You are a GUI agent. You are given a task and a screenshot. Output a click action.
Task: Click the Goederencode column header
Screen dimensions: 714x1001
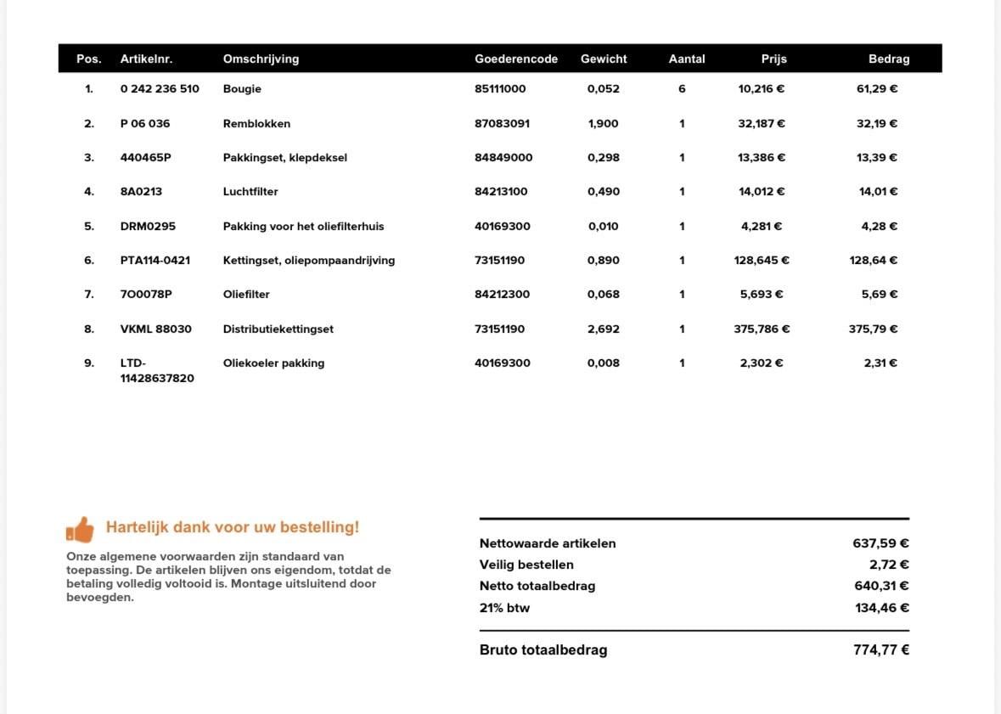tap(516, 59)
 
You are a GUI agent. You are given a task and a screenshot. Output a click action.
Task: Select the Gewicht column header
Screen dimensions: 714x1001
tap(604, 59)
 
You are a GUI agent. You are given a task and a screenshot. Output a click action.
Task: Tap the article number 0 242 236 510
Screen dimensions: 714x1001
tap(160, 89)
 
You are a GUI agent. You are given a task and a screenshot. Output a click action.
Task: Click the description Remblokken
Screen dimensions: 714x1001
tap(256, 124)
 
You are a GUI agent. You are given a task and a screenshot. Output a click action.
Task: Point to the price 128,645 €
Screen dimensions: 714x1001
tap(762, 261)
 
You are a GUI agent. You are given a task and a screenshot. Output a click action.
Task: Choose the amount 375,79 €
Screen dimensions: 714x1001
tap(873, 329)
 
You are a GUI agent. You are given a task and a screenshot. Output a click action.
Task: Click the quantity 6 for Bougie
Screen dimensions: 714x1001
tap(682, 89)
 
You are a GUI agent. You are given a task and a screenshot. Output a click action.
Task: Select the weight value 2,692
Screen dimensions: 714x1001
tap(604, 329)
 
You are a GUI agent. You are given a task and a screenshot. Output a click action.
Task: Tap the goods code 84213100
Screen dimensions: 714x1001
tap(501, 192)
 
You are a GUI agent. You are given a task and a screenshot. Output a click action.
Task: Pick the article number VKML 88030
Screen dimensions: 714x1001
tap(156, 329)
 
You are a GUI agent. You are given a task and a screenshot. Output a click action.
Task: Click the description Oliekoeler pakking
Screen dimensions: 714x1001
tap(273, 363)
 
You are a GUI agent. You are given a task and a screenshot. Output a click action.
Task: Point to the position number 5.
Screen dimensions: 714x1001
tap(89, 227)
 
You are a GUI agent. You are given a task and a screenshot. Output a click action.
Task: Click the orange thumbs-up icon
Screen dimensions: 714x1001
tap(81, 530)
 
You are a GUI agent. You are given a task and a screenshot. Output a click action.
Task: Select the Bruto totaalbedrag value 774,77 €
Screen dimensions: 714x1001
tap(881, 650)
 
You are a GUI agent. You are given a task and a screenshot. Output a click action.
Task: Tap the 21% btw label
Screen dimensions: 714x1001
tap(504, 608)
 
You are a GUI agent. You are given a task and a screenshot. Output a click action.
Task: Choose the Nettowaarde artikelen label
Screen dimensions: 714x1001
tap(548, 543)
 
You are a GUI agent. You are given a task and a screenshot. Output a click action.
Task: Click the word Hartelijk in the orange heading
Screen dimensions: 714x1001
tap(137, 527)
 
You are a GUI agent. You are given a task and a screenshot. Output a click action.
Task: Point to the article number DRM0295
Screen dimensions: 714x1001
tap(148, 227)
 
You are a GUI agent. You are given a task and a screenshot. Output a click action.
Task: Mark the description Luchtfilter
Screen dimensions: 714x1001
tap(250, 192)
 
